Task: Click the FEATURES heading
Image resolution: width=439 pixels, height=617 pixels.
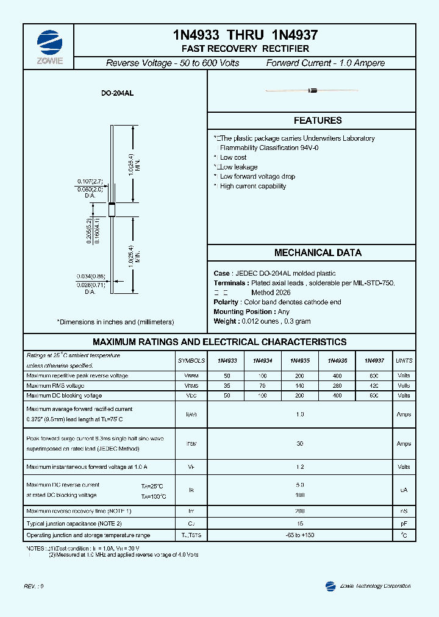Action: click(318, 121)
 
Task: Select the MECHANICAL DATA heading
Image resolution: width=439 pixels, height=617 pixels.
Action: click(318, 252)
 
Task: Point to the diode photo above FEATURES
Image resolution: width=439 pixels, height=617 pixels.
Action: click(312, 91)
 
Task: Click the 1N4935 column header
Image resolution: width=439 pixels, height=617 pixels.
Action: click(299, 361)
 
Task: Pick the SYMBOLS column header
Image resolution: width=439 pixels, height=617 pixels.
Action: click(191, 361)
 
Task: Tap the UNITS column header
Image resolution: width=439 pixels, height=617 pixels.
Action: click(404, 361)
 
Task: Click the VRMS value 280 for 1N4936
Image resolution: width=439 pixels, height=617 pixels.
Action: click(337, 386)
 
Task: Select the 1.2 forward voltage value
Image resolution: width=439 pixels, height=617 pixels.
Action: click(299, 467)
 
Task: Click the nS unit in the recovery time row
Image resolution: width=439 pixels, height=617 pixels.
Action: click(404, 511)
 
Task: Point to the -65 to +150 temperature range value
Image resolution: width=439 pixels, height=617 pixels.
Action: click(299, 535)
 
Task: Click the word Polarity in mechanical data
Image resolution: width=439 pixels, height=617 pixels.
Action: click(226, 302)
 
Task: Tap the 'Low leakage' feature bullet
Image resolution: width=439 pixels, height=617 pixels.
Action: click(238, 167)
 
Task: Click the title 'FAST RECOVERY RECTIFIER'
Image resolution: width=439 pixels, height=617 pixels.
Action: click(245, 49)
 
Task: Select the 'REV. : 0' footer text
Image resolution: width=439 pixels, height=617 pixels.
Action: click(34, 586)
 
